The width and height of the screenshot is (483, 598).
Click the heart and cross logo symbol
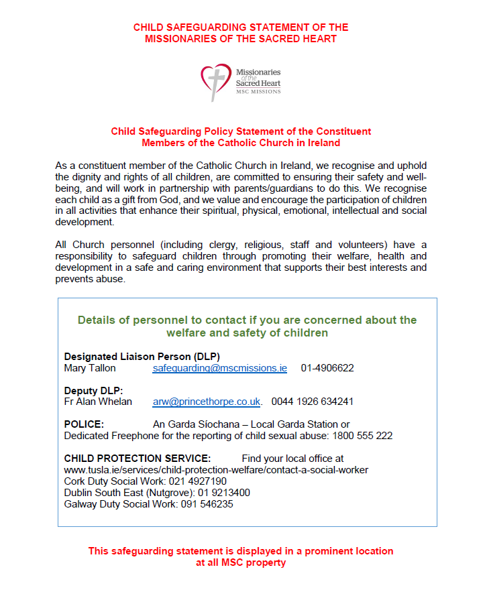point(216,81)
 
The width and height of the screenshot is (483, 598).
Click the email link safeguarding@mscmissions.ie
point(220,368)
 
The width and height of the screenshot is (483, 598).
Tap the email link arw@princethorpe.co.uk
point(207,402)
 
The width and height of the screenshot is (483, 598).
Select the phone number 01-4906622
point(327,368)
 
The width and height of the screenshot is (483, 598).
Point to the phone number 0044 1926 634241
point(312,402)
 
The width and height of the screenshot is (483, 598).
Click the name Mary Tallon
point(90,368)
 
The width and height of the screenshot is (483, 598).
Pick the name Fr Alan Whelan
point(98,402)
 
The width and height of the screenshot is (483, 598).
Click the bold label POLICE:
point(84,424)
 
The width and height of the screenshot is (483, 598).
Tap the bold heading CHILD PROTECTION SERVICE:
point(138,459)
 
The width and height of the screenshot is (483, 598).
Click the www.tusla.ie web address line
point(216,470)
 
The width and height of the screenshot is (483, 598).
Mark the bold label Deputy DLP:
point(94,391)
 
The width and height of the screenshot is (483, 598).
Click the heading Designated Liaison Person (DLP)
point(142,357)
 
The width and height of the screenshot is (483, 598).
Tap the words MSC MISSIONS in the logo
point(258,92)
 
